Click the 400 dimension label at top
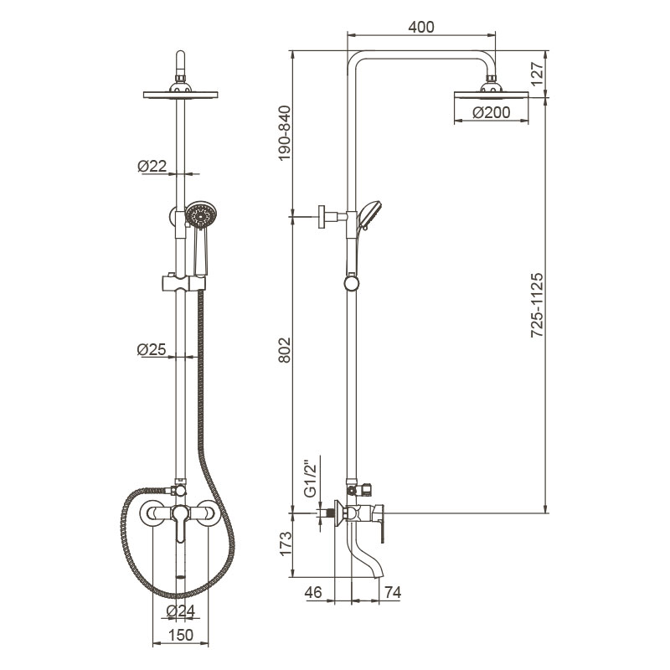click(421, 27)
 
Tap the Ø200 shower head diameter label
click(492, 112)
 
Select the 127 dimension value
click(537, 74)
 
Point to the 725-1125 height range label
click(537, 305)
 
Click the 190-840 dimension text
click(284, 133)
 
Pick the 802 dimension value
click(284, 350)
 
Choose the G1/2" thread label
click(311, 478)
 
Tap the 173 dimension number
click(285, 543)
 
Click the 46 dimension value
click(313, 592)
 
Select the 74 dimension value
click(393, 592)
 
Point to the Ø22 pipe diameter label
click(152, 166)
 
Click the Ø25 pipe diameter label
click(152, 349)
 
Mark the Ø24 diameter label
click(181, 611)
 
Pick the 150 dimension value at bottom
click(181, 635)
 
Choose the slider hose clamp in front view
click(183, 283)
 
